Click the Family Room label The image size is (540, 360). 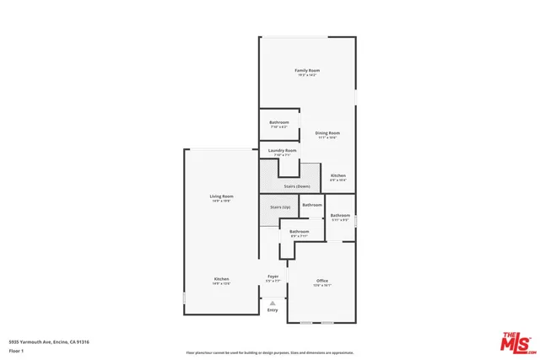pos(307,70)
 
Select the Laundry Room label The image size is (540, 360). pos(282,151)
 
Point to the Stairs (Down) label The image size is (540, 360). pos(296,185)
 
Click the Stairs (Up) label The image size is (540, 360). pos(280,207)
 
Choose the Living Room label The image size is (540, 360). pos(221,196)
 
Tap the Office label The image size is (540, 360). pos(322,280)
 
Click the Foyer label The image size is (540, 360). pos(273,277)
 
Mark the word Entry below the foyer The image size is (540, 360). pos(273,310)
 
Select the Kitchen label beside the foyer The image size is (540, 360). pos(221,279)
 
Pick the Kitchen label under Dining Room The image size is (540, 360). pos(337,175)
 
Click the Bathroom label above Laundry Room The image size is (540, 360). pos(279,122)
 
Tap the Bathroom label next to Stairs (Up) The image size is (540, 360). pos(312,205)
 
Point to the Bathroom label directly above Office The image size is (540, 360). pos(299,231)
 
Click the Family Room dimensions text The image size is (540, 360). pos(307,76)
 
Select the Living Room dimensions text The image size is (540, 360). pos(221,201)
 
